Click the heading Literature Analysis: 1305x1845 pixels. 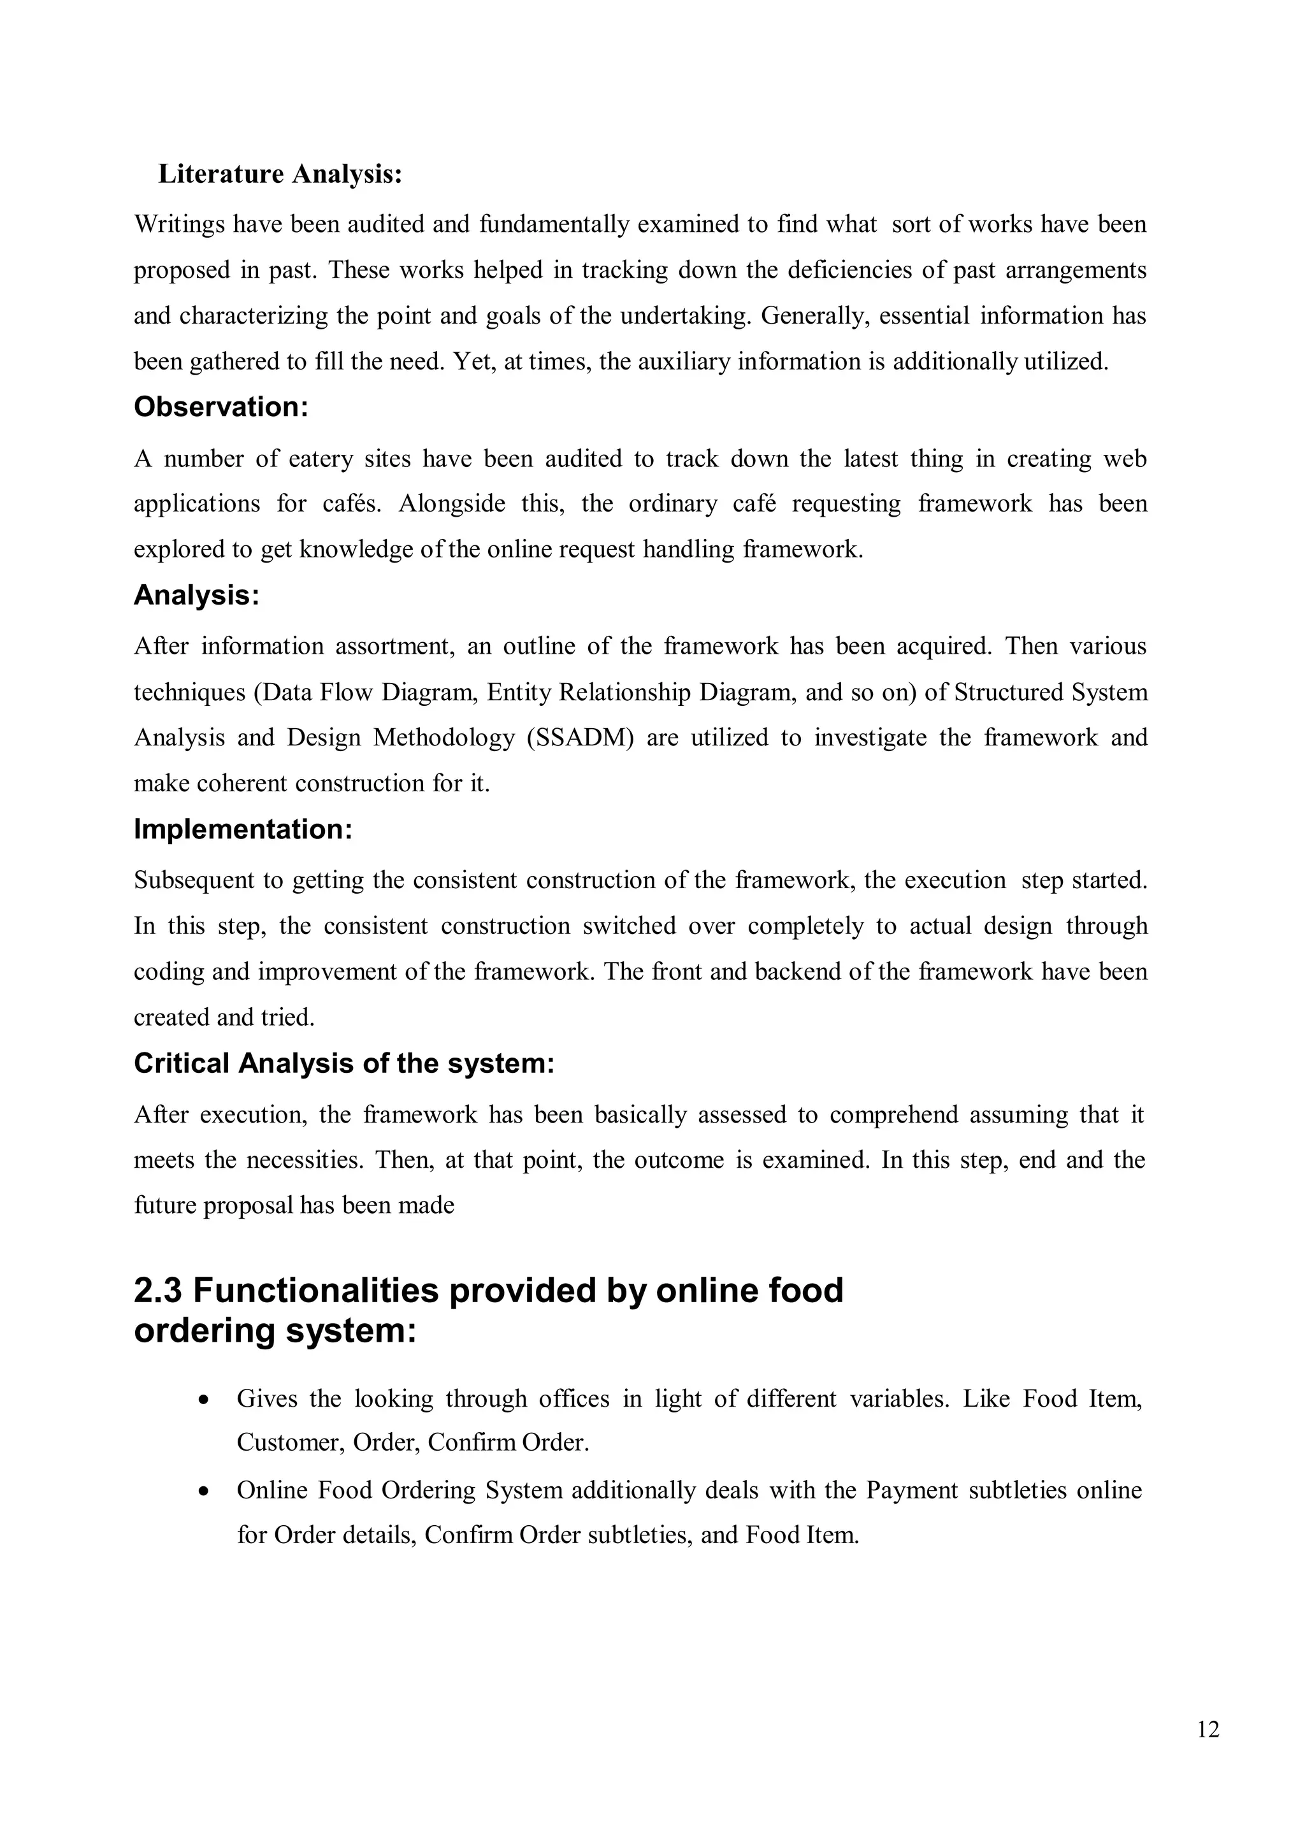[280, 173]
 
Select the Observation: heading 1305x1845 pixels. [220, 407]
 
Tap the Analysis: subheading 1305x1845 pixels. [196, 596]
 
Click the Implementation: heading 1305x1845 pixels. [243, 829]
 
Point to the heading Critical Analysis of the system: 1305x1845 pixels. [344, 1063]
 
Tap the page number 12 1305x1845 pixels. [1208, 1729]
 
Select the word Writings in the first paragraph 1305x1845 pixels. [178, 224]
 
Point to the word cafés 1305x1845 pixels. [352, 504]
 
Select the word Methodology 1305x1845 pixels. [443, 738]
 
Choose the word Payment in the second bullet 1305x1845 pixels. [911, 1491]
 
